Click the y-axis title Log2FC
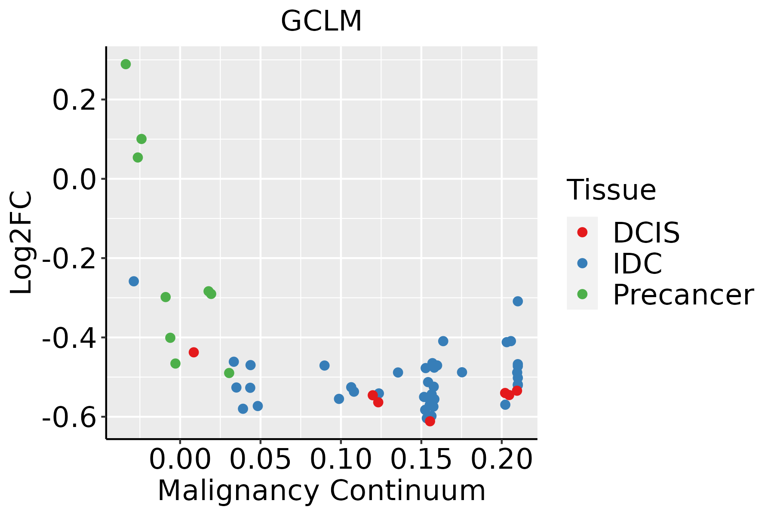[21, 243]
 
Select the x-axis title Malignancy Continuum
[321, 491]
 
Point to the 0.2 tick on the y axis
[74, 101]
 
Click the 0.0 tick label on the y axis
[74, 180]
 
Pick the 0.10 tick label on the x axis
[341, 459]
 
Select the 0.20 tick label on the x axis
[501, 459]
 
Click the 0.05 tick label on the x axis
[260, 459]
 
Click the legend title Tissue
[611, 190]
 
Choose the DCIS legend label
[646, 233]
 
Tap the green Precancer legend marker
[582, 294]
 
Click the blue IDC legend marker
[582, 263]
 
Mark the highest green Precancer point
[126, 64]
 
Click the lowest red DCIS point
[430, 421]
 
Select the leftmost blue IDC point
[134, 281]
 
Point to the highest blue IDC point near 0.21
[518, 301]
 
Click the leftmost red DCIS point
[193, 352]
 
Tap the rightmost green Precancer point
[229, 373]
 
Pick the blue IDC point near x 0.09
[324, 365]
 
